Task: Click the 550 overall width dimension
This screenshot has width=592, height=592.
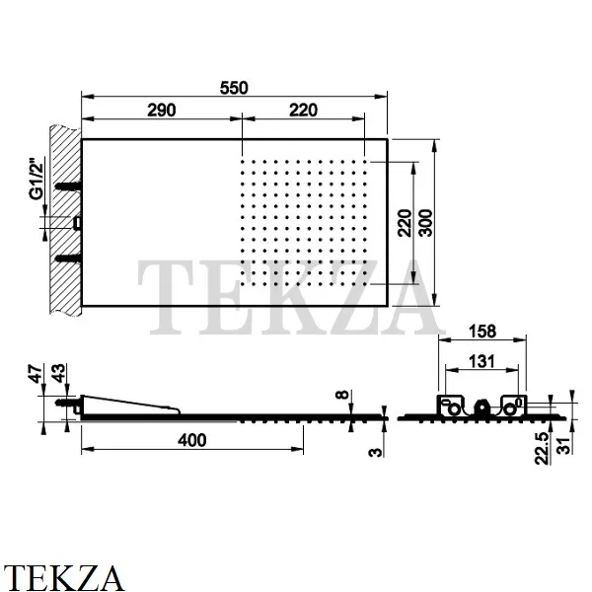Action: (234, 88)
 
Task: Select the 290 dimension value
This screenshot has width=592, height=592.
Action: (161, 110)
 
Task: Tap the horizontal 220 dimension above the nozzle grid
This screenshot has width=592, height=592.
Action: (303, 110)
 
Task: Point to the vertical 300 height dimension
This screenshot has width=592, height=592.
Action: (425, 223)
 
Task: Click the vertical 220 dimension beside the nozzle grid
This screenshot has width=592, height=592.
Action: (405, 223)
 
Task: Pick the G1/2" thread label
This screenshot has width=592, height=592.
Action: (37, 179)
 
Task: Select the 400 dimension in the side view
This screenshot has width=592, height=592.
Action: (192, 440)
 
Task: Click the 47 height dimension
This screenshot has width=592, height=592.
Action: (37, 374)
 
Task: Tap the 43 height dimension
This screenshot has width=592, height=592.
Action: (58, 373)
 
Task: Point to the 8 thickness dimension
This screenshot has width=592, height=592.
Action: (342, 395)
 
